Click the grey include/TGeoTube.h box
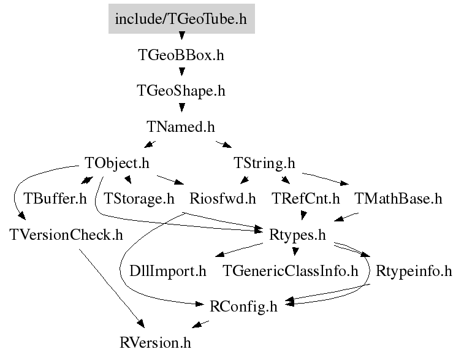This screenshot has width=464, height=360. pyautogui.click(x=181, y=18)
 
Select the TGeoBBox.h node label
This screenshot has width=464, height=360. pyautogui.click(x=181, y=55)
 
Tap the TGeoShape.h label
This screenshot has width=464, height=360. pyautogui.click(x=181, y=91)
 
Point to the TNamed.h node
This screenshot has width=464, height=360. pyautogui.click(x=181, y=127)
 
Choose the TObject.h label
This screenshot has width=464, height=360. pyautogui.click(x=117, y=163)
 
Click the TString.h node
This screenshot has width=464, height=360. pyautogui.click(x=264, y=163)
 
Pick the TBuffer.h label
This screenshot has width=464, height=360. pyautogui.click(x=55, y=199)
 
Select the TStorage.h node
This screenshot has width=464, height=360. pyautogui.click(x=139, y=199)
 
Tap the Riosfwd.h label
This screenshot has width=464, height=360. pyautogui.click(x=222, y=199)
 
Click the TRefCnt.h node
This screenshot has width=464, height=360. pyautogui.click(x=306, y=199)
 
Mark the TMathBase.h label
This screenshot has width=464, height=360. pyautogui.click(x=398, y=199)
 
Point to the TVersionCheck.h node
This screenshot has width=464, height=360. pyautogui.click(x=66, y=235)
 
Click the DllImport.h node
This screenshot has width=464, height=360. pyautogui.click(x=168, y=271)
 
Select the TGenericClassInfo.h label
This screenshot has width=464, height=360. pyautogui.click(x=291, y=271)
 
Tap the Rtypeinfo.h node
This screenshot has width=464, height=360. pyautogui.click(x=414, y=271)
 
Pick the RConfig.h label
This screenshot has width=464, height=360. pyautogui.click(x=243, y=307)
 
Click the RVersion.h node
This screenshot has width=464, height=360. pyautogui.click(x=155, y=343)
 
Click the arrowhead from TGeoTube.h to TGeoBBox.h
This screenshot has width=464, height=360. pyautogui.click(x=182, y=36)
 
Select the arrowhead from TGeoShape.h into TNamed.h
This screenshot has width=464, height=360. pyautogui.click(x=182, y=107)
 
